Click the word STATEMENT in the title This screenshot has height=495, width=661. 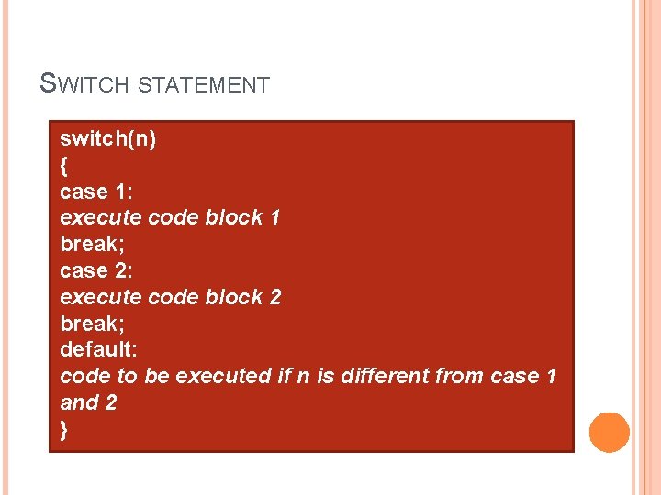[x=204, y=86]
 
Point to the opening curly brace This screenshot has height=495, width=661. [x=63, y=166]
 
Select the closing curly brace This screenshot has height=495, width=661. [x=63, y=430]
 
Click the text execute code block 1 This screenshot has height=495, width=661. [x=170, y=218]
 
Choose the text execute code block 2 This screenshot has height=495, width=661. [x=170, y=297]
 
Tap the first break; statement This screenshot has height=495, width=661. [x=92, y=245]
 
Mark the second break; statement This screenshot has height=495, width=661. [x=92, y=324]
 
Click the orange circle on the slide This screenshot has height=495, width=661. [x=609, y=432]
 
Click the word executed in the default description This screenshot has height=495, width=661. [x=223, y=376]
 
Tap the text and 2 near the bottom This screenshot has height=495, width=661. [x=88, y=402]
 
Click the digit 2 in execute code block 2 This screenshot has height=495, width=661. [x=275, y=297]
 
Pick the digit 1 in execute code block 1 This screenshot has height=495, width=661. [x=275, y=218]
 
